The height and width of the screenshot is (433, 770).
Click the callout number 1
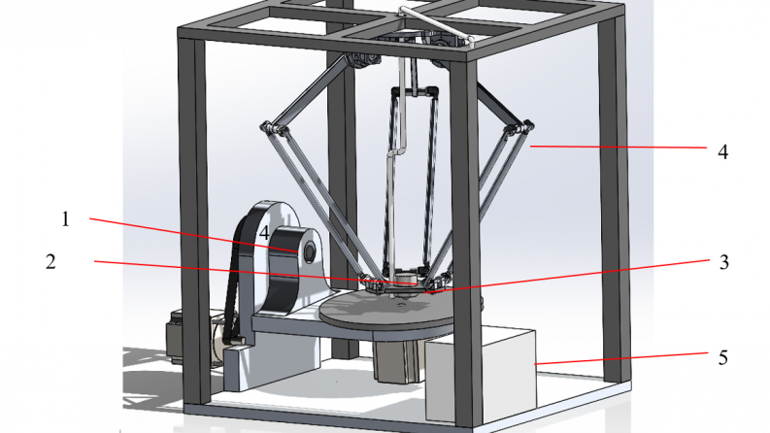[x=66, y=219]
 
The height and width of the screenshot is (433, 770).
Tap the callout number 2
[x=50, y=262]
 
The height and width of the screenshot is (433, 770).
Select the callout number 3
[x=723, y=263]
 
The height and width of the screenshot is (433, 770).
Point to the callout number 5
[x=722, y=358]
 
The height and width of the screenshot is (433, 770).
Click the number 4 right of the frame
[x=722, y=152]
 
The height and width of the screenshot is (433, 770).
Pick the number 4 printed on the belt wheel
[x=264, y=233]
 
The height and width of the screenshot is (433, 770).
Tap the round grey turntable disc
[x=388, y=311]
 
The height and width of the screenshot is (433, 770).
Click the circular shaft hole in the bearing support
[x=310, y=251]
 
